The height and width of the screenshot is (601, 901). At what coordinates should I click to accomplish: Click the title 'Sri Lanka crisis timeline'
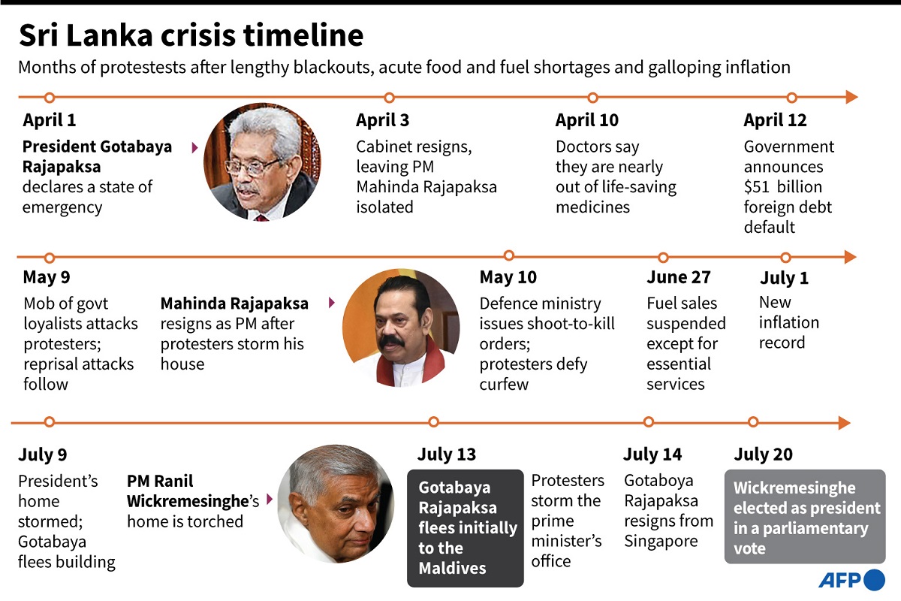coord(191,36)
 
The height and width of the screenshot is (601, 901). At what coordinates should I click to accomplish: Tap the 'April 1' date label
coord(50,120)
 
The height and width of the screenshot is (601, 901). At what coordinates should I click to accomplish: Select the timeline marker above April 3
coord(389,98)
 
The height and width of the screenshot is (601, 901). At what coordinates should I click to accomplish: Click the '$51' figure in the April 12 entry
coord(758,187)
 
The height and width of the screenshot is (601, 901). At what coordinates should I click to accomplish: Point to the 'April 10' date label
coord(587,120)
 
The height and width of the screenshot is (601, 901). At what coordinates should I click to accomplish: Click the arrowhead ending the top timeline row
coord(851,97)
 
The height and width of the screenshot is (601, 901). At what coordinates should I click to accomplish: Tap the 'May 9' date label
coord(47,277)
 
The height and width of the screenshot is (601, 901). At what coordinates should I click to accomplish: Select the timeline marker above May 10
coord(508,255)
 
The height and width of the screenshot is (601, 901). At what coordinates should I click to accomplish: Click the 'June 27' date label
coord(679,277)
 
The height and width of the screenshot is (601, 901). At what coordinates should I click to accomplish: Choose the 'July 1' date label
coord(784,278)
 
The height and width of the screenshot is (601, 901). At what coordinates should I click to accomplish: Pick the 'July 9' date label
coord(43,455)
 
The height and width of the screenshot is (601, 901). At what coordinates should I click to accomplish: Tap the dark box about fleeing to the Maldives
coord(466,528)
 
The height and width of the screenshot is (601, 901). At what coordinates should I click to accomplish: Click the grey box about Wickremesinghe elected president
coord(805,517)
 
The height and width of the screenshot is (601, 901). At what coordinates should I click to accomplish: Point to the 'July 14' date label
coord(652,455)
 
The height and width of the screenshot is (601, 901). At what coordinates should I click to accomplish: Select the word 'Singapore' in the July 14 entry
coord(661,541)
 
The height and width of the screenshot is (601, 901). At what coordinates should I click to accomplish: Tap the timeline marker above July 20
coord(753,422)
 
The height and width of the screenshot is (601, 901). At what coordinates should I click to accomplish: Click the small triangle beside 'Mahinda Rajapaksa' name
coord(331,304)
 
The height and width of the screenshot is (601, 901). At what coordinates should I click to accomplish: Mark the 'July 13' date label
coord(447,455)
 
